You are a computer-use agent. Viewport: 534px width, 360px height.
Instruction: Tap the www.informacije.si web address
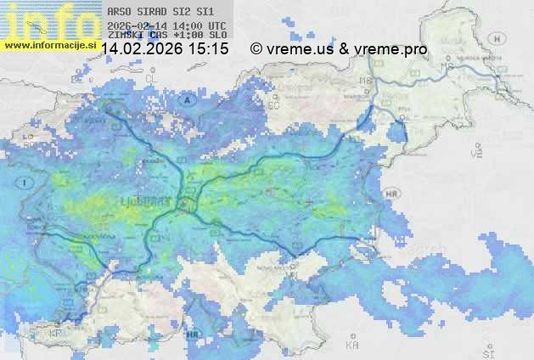pyautogui.click(x=49, y=44)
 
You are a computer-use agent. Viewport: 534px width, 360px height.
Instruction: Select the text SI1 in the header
pyautogui.click(x=205, y=12)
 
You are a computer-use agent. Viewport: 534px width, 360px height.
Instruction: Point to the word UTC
pyautogui.click(x=216, y=25)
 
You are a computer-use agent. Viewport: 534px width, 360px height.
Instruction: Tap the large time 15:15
pyautogui.click(x=209, y=49)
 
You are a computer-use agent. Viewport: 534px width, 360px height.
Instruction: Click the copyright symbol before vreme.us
pyautogui.click(x=256, y=49)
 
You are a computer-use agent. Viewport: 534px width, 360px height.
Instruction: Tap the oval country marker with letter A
pyautogui.click(x=188, y=99)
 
